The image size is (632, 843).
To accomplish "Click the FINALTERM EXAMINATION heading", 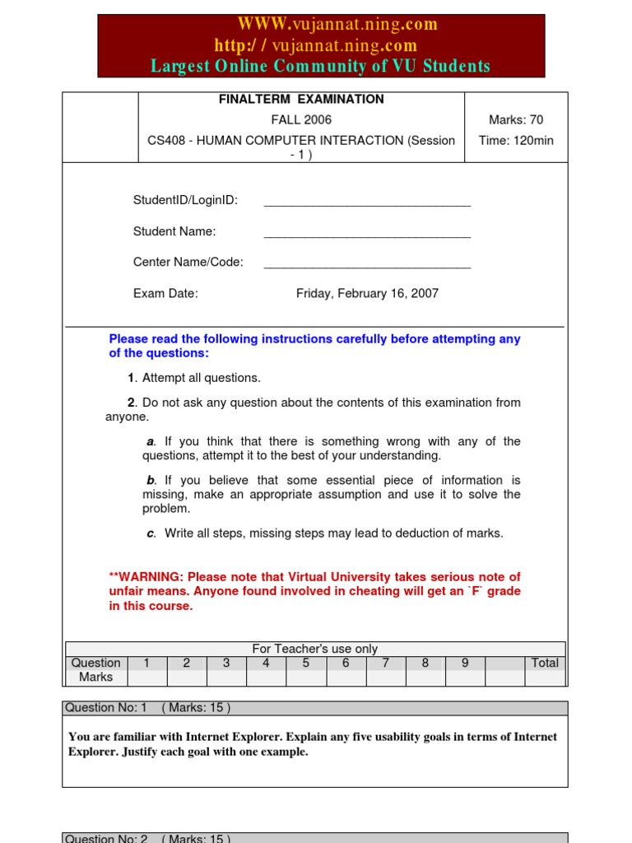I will pyautogui.click(x=300, y=100).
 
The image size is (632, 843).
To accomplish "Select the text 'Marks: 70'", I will pyautogui.click(x=515, y=120).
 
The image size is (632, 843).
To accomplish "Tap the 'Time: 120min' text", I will pyautogui.click(x=515, y=141).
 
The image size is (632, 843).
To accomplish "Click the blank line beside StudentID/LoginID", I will pyautogui.click(x=367, y=202).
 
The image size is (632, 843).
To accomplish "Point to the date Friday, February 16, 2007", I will pyautogui.click(x=367, y=294).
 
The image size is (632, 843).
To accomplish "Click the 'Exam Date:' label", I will pyautogui.click(x=165, y=294).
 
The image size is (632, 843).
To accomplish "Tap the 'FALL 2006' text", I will pyautogui.click(x=300, y=120).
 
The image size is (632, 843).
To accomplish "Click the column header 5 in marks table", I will pyautogui.click(x=305, y=663).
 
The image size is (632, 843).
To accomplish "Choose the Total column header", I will pyautogui.click(x=545, y=663).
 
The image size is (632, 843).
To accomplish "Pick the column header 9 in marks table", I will pyautogui.click(x=465, y=663).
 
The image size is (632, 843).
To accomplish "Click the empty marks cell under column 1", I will pyautogui.click(x=146, y=678).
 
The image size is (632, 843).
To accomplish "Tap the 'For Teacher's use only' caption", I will pyautogui.click(x=314, y=649).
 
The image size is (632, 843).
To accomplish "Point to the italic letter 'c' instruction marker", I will pyautogui.click(x=151, y=533).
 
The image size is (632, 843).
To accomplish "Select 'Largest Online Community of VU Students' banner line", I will pyautogui.click(x=320, y=67).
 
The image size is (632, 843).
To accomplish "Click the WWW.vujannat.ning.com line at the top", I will pyautogui.click(x=337, y=25).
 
